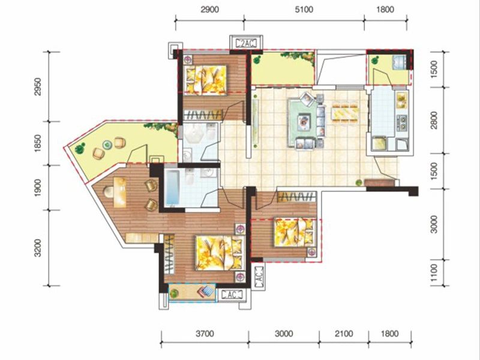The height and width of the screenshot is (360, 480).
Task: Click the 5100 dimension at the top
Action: tap(304, 10)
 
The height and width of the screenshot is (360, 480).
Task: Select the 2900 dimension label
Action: tap(209, 10)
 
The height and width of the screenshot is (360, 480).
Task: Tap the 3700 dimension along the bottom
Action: tap(205, 334)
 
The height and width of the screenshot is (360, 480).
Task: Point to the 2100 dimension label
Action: tap(344, 334)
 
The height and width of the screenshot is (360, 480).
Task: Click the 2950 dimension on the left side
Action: tap(37, 86)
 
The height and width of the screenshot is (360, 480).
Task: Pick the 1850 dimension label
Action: tap(37, 143)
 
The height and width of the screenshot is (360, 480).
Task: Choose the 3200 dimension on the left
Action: tap(37, 248)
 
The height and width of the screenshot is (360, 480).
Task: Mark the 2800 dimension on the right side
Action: tap(434, 120)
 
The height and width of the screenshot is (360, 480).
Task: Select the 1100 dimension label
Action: tap(434, 273)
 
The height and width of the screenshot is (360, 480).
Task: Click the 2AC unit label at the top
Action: tap(246, 44)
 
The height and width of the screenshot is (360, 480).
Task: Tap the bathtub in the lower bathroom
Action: tap(173, 188)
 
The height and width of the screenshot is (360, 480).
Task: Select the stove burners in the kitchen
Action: tap(402, 122)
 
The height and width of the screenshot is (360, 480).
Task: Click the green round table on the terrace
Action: tap(107, 145)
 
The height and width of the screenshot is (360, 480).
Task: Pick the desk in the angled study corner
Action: tap(121, 192)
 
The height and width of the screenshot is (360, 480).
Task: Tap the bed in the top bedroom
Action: tap(205, 79)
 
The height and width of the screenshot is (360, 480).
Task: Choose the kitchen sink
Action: tap(402, 100)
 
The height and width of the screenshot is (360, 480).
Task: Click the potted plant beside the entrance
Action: tap(358, 183)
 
